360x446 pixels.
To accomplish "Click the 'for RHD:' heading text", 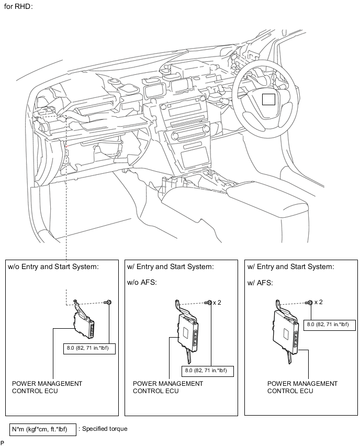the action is point(18,6).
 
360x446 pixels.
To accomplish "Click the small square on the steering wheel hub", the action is point(268,99).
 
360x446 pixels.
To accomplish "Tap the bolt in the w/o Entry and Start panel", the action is point(108,302).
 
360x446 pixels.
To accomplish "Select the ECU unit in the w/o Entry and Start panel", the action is point(83,319).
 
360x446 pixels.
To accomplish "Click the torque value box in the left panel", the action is point(89,349).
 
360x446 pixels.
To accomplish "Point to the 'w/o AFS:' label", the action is point(142,283).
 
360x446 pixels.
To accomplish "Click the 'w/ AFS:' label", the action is point(260,283).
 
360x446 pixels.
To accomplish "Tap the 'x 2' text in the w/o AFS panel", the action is point(217,303).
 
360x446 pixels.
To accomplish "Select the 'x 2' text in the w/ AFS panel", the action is point(319,302).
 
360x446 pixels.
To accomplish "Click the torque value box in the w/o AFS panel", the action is point(208,371).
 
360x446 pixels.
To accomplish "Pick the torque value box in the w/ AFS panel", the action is point(330,325).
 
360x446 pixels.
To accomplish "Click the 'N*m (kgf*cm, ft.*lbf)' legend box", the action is point(43,429).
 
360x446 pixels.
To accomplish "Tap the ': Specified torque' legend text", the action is point(103,429).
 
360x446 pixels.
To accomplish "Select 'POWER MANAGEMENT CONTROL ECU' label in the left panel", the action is point(47,387).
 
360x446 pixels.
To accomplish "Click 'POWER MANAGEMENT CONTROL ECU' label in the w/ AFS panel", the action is point(302,387).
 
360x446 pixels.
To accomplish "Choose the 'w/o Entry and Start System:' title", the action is point(53,267).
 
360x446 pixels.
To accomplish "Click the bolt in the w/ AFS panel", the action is point(309,303).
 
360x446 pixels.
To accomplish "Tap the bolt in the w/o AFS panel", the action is point(208,303).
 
